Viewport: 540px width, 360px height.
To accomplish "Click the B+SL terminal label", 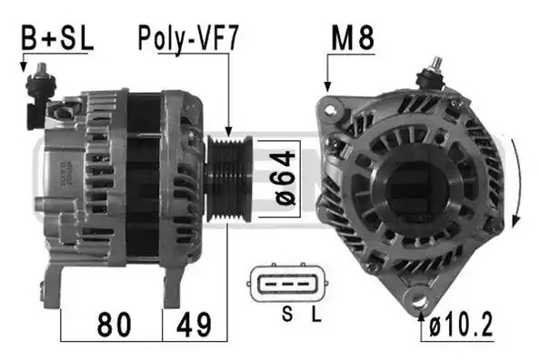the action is (57, 38).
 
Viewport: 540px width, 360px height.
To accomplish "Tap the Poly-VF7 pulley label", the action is (188, 38).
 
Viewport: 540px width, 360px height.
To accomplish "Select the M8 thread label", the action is (353, 38).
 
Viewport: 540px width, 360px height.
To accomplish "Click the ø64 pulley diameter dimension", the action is (285, 178).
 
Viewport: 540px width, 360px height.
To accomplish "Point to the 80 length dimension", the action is (115, 325).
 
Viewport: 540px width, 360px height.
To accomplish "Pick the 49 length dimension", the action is (194, 325).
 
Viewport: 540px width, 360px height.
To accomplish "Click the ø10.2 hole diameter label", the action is (461, 325).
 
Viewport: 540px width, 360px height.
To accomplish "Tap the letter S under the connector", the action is (287, 314).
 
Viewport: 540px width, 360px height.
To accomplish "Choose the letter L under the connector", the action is (316, 314).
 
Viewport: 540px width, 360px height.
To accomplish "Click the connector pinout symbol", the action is (287, 284).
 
